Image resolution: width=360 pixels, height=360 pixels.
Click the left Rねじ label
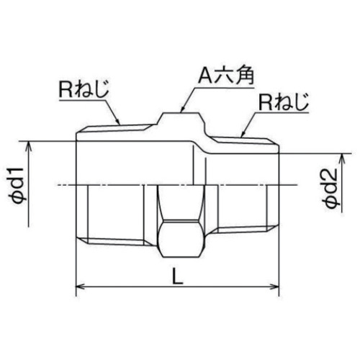[84, 89]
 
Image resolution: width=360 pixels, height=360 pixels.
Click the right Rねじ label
[283, 102]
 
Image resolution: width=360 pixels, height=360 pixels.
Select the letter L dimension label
[178, 276]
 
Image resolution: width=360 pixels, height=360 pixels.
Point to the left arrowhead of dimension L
[81, 287]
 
